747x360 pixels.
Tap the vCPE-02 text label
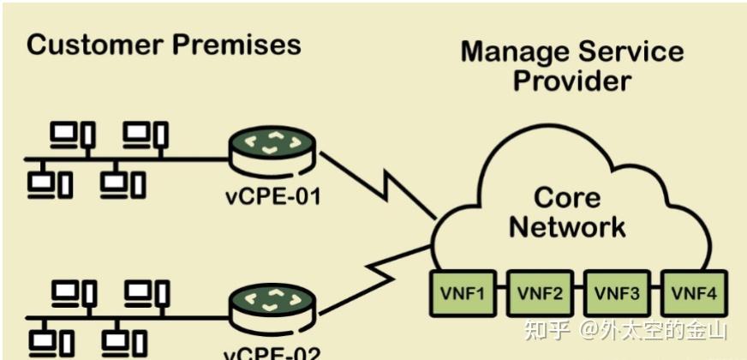272,351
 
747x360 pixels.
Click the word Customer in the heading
95,45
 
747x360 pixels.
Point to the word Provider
571,81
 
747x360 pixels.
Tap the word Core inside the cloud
566,198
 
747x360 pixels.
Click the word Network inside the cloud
566,227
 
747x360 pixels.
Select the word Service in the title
633,51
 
